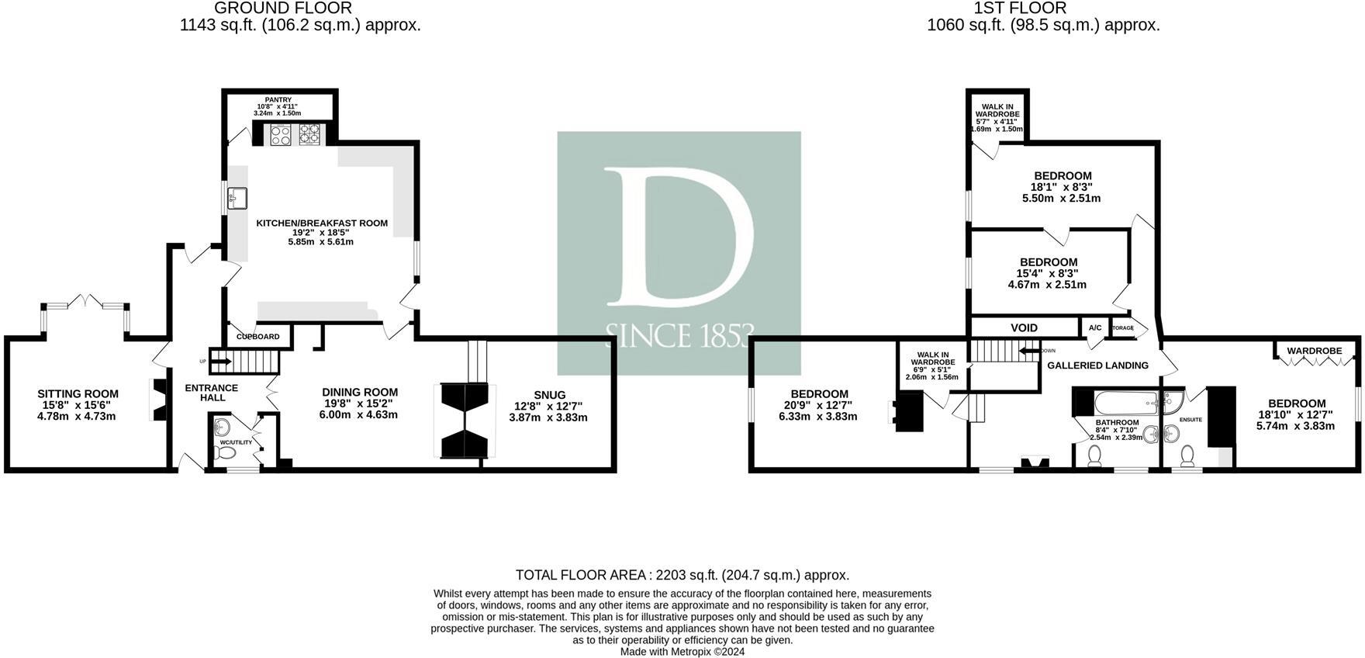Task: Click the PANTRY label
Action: point(278,100)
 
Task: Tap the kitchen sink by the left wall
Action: point(237,199)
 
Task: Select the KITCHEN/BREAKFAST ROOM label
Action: point(322,223)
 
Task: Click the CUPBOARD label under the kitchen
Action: point(257,337)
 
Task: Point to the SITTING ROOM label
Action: point(78,394)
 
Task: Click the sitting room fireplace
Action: point(158,399)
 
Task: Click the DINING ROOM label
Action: point(360,393)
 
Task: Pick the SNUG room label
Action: point(549,395)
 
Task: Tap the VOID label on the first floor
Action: point(1024,328)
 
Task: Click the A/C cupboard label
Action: point(1094,328)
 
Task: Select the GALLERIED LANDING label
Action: point(1097,365)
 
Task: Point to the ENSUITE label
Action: point(1190,420)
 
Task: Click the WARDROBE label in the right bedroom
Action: point(1314,351)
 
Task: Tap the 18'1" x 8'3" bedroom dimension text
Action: point(1061,187)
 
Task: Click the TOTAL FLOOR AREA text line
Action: point(682,575)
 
